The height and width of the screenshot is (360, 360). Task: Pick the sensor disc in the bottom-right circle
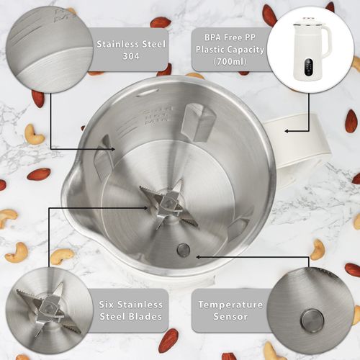tap(312, 318)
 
